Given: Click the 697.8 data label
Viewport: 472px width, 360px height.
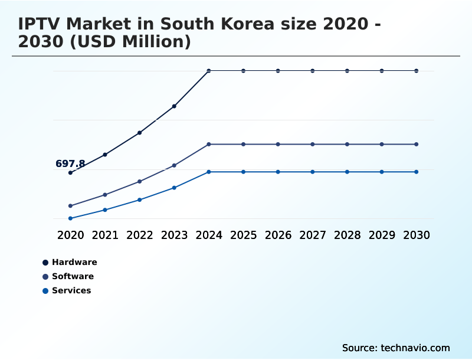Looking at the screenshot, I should click(x=70, y=163).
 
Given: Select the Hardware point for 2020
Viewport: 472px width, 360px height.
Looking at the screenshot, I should click(x=70, y=173).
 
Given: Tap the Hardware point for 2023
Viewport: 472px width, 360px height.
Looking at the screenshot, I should click(x=174, y=106).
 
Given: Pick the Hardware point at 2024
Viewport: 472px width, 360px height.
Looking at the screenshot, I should click(x=209, y=71).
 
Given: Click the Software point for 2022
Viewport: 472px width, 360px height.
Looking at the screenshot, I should click(x=140, y=181).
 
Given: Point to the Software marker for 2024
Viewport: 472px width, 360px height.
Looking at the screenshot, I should click(x=209, y=144).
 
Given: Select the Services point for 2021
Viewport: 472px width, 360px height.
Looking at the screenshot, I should click(x=105, y=210).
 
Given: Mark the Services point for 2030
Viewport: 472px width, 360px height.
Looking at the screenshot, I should click(x=417, y=172).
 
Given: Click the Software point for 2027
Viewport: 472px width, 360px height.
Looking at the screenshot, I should click(x=313, y=144).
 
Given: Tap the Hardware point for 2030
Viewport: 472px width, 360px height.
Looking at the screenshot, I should click(x=417, y=71).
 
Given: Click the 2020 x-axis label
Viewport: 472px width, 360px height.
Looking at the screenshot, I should click(x=70, y=235).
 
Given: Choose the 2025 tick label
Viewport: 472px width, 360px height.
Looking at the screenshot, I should click(x=243, y=235).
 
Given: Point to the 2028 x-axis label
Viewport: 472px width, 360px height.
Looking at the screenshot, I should click(x=347, y=235).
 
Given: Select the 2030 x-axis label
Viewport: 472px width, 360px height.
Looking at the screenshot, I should click(x=417, y=235).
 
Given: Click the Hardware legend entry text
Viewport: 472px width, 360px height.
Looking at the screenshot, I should click(x=74, y=262).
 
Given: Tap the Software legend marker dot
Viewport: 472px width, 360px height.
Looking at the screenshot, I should click(x=45, y=277).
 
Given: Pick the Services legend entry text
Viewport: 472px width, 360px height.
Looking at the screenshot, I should click(x=71, y=290).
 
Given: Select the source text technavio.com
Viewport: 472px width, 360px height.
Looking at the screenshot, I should click(x=415, y=348).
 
